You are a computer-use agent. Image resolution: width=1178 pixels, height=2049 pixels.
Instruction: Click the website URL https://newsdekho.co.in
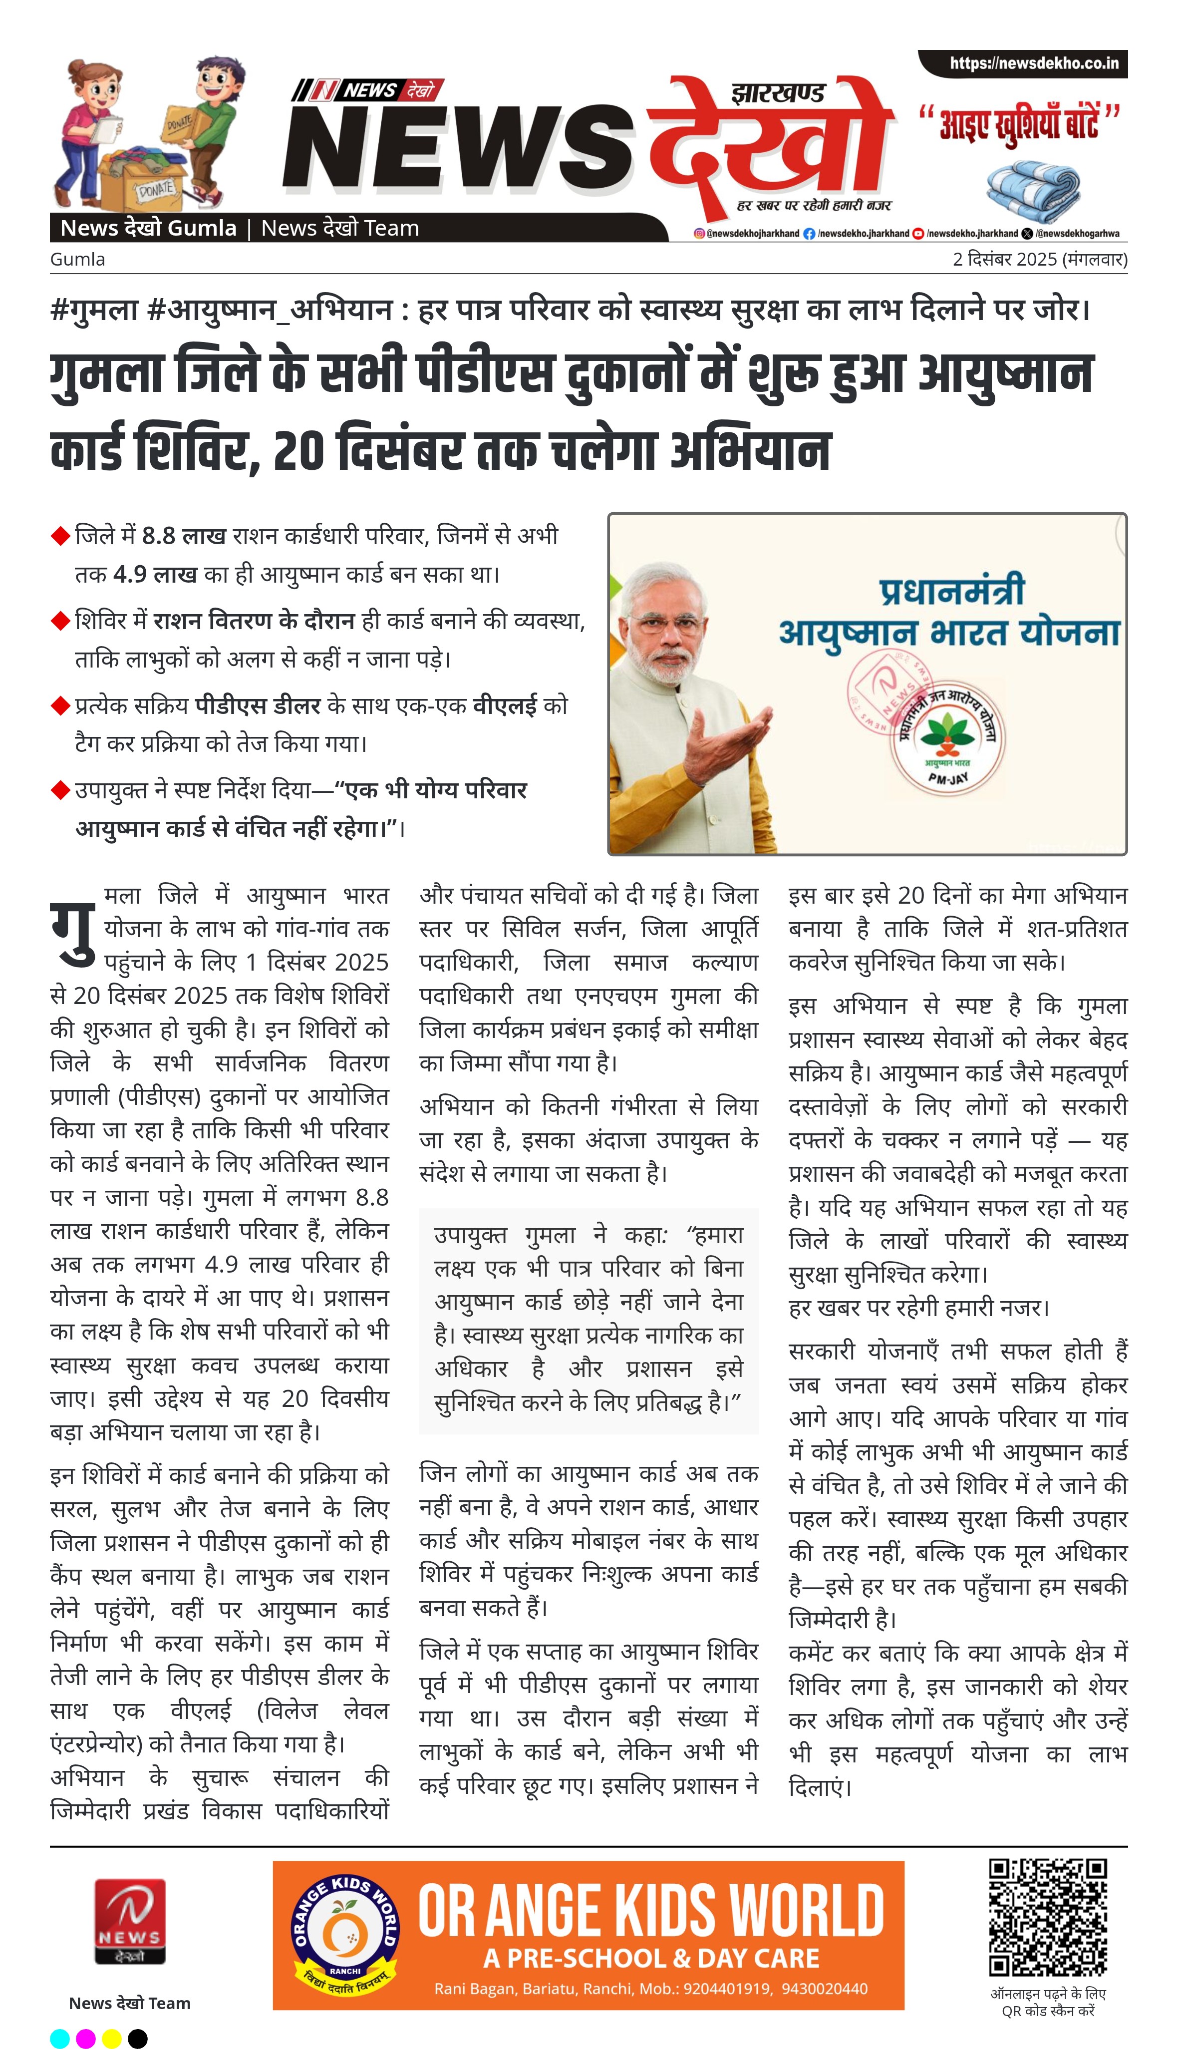pos(1033,63)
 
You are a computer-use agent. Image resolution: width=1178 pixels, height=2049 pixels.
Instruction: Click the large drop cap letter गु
pos(73,931)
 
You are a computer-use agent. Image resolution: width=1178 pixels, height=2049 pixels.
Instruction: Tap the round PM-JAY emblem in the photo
pos(945,741)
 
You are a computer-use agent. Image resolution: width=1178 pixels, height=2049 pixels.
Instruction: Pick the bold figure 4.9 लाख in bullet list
pos(155,575)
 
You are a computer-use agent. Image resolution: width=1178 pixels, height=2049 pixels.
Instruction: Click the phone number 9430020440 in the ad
pos(825,1988)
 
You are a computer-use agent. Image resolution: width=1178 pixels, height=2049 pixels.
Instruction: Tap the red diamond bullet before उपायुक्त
pos(60,790)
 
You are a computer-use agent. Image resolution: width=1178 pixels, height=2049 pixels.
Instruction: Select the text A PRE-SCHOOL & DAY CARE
pos(651,1958)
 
